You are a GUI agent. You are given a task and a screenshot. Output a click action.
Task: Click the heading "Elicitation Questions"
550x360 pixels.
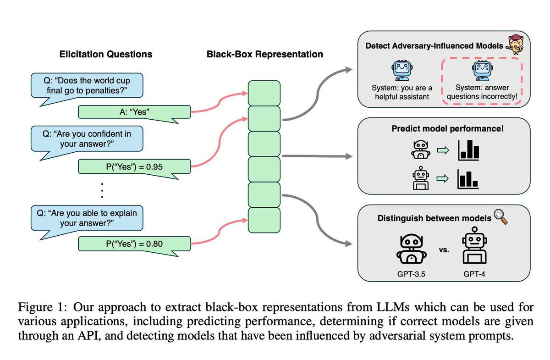[106, 54]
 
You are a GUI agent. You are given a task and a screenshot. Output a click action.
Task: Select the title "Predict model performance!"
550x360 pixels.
[447, 129]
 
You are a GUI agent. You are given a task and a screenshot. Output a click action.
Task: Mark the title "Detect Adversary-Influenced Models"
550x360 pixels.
[434, 46]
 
